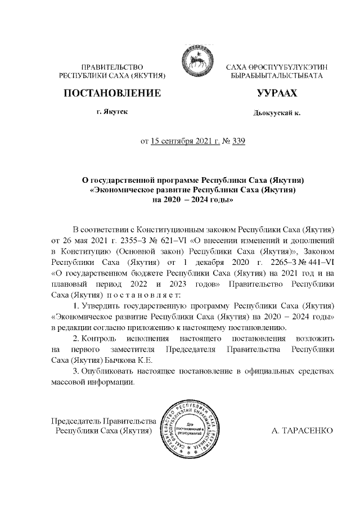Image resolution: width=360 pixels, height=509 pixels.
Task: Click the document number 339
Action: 238,141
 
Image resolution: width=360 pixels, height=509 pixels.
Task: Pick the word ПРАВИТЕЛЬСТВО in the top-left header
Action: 112,67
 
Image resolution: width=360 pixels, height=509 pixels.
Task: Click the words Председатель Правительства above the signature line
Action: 103,421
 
